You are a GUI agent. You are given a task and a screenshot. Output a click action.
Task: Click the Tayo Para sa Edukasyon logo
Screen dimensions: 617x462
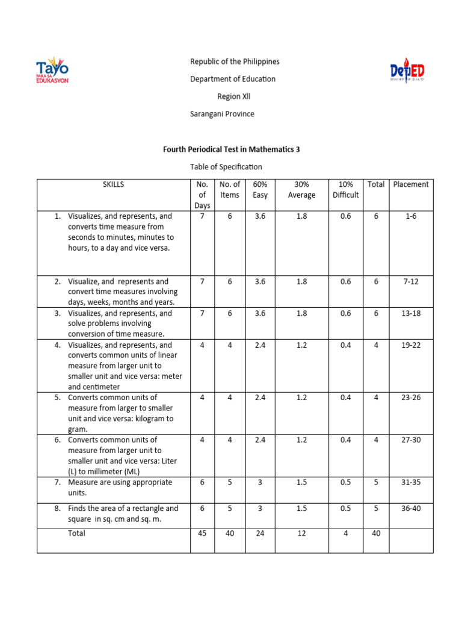pyautogui.click(x=52, y=70)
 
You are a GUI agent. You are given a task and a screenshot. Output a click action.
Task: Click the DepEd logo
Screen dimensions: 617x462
pyautogui.click(x=407, y=70)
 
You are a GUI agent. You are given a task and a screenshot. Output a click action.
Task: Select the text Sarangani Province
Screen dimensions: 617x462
pyautogui.click(x=222, y=114)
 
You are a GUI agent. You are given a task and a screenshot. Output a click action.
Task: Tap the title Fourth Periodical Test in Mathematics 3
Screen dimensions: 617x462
pyautogui.click(x=231, y=149)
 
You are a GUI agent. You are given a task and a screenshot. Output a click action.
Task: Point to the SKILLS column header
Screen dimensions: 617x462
pyautogui.click(x=113, y=184)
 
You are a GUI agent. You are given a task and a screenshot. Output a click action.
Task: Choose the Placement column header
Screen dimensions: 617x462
pyautogui.click(x=410, y=184)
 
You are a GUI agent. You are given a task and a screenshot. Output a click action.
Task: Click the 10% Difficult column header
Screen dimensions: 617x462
pyautogui.click(x=345, y=190)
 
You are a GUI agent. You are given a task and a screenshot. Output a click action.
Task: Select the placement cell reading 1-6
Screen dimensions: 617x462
pyautogui.click(x=410, y=216)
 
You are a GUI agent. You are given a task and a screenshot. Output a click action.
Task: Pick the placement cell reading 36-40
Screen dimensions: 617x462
pyautogui.click(x=410, y=509)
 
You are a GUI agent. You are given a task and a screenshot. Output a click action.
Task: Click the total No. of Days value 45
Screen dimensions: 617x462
pyautogui.click(x=202, y=534)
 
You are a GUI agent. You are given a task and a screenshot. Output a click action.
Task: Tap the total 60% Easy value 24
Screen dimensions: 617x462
pyautogui.click(x=260, y=534)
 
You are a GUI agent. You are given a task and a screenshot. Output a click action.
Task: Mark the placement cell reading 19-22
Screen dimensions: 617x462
pyautogui.click(x=410, y=345)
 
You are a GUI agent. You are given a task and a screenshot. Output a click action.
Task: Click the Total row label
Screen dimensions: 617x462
pyautogui.click(x=77, y=534)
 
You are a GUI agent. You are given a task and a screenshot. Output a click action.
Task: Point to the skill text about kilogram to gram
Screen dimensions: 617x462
pyautogui.click(x=120, y=413)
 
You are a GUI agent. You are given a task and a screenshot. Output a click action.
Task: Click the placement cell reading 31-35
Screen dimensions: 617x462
pyautogui.click(x=410, y=482)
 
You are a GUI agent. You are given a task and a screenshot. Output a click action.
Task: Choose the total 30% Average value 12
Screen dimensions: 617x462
pyautogui.click(x=301, y=534)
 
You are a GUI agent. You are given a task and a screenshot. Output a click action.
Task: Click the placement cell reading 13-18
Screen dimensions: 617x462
pyautogui.click(x=410, y=313)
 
